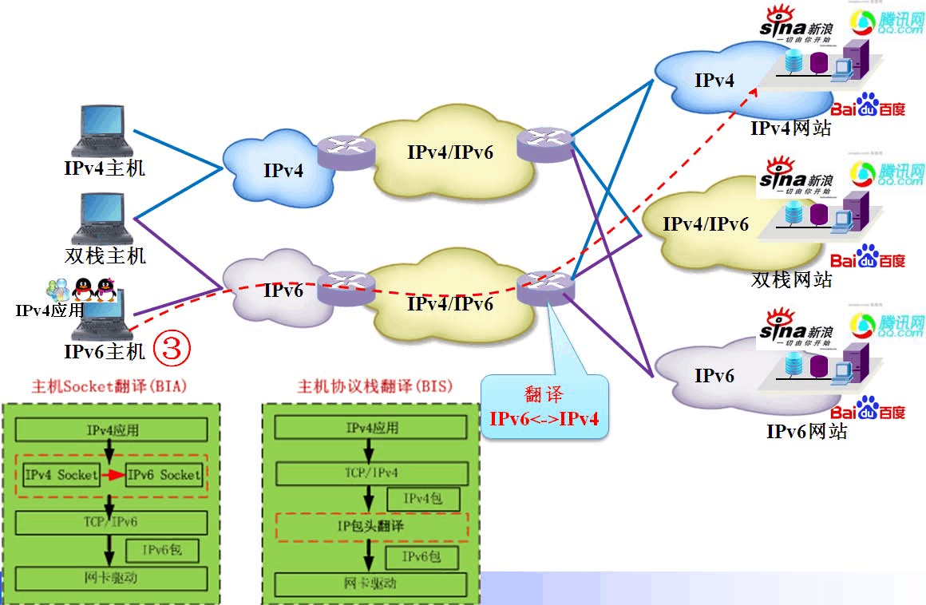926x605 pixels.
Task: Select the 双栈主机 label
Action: pos(105,256)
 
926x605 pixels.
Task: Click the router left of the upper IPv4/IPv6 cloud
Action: pos(345,148)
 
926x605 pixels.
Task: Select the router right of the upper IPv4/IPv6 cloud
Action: pos(545,144)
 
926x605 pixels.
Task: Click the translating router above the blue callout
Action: pos(545,288)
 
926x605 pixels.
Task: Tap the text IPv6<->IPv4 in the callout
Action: pos(544,418)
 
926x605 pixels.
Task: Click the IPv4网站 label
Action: pos(790,128)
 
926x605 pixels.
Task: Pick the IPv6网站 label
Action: pos(806,432)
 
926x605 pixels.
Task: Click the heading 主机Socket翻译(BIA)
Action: pos(109,387)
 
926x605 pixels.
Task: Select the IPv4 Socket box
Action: pos(61,475)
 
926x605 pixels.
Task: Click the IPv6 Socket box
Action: pos(164,475)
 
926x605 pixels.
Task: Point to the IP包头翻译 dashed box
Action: pos(371,526)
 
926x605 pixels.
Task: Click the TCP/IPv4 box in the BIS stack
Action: pos(371,473)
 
